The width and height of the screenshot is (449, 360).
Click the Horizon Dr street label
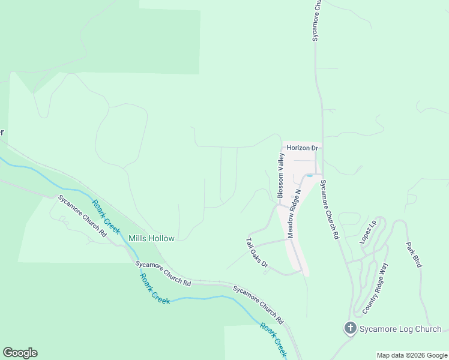point(302,148)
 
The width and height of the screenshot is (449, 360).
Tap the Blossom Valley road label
point(280,175)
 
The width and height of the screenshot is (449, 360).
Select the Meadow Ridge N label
point(294,214)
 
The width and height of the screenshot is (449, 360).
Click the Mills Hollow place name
point(152,238)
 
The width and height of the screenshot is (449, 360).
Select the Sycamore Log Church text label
point(400,329)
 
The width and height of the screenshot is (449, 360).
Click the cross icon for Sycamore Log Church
point(349,328)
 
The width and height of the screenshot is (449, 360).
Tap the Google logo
point(20,353)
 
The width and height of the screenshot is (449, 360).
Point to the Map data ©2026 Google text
point(412,355)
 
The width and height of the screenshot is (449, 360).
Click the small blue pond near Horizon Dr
point(309,175)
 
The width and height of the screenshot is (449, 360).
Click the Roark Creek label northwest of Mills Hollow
point(106,217)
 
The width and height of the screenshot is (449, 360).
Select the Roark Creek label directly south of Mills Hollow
point(155,289)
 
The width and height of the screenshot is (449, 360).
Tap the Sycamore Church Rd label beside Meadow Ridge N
point(329,209)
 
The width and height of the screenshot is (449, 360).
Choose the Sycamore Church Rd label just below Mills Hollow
point(163,273)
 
